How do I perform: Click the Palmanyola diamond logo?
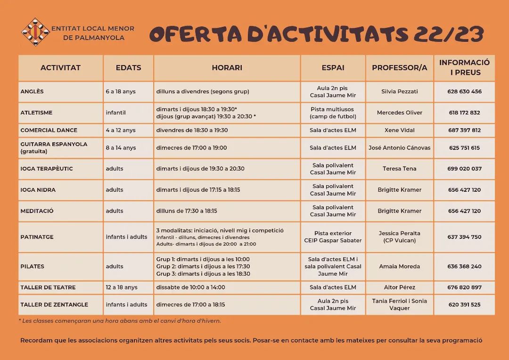35,32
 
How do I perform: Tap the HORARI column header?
227,67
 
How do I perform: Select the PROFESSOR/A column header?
399,67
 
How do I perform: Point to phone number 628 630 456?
464,91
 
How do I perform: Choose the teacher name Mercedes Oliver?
399,113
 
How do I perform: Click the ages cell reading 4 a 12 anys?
121,130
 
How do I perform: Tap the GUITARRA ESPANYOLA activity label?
54,144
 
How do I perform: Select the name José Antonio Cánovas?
399,147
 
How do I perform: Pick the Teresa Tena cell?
399,168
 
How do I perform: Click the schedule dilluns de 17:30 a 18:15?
187,211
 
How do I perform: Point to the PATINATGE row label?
37,237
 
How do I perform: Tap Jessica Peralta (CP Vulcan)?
399,237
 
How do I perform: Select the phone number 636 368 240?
464,266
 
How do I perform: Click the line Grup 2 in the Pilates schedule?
203,266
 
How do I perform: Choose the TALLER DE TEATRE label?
48,287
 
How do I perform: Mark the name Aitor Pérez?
399,287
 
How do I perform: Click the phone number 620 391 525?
464,304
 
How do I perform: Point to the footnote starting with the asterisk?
120,321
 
